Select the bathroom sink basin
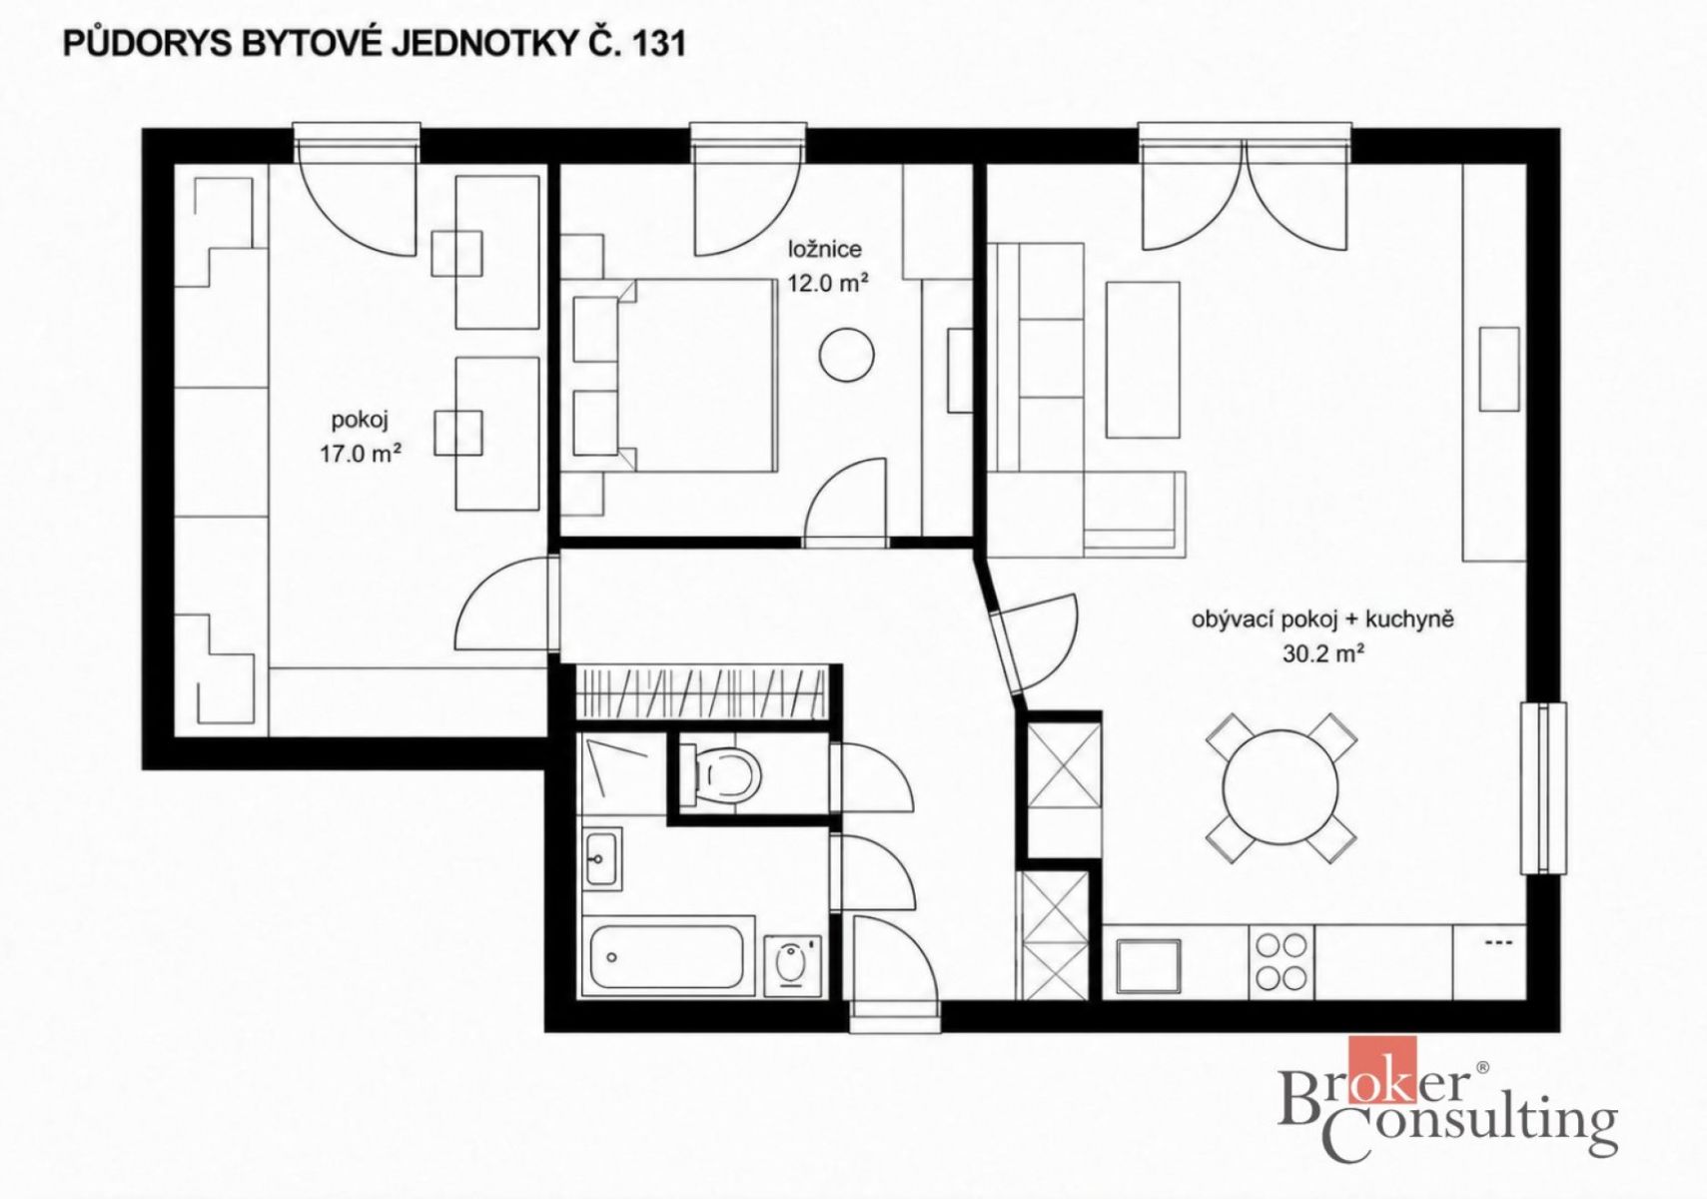pyautogui.click(x=602, y=858)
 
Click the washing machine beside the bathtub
pyautogui.click(x=792, y=966)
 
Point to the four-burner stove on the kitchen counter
pyautogui.click(x=1281, y=962)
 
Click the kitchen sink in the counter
pyautogui.click(x=1149, y=966)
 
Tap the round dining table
pyautogui.click(x=1280, y=787)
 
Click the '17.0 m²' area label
pyautogui.click(x=361, y=455)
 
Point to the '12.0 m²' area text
pyautogui.click(x=828, y=285)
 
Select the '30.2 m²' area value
pyautogui.click(x=1322, y=653)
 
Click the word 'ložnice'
pyautogui.click(x=825, y=249)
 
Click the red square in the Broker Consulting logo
pyautogui.click(x=1382, y=1069)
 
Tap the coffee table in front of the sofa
pyautogui.click(x=1143, y=360)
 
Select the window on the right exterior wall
pyautogui.click(x=1543, y=788)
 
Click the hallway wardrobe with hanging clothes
pyautogui.click(x=702, y=692)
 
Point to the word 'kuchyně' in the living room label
pyautogui.click(x=1409, y=618)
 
